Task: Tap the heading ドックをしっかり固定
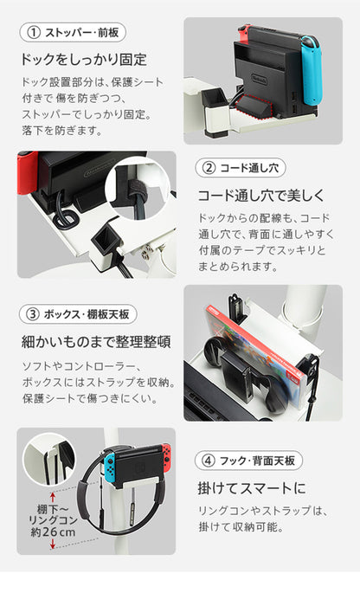tap(83, 61)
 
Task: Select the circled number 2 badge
tap(209, 167)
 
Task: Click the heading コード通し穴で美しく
tap(261, 195)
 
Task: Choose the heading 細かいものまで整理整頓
tap(95, 341)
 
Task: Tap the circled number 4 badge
tap(209, 460)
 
